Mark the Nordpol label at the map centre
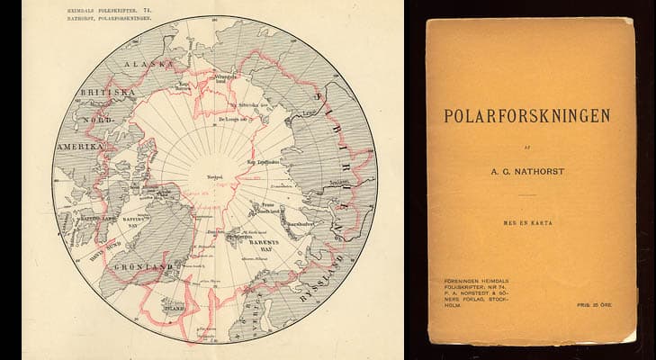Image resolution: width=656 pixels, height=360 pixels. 214,176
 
